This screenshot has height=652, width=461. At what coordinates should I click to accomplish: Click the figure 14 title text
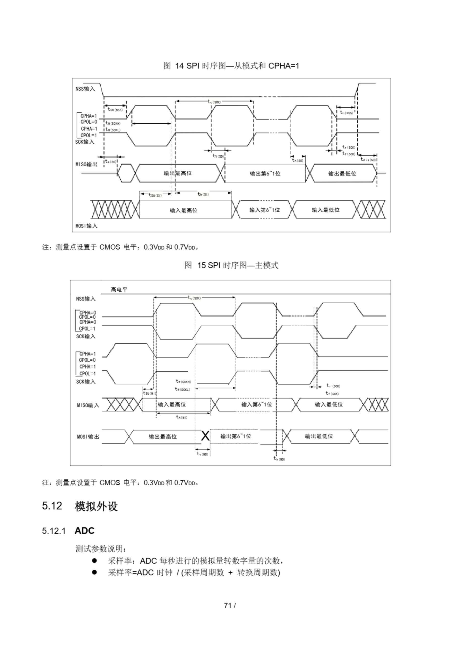tap(231, 66)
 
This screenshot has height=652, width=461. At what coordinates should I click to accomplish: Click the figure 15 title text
tap(231, 265)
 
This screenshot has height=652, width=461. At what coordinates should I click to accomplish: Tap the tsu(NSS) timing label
tap(115, 109)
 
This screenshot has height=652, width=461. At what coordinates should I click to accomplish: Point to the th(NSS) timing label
tap(346, 113)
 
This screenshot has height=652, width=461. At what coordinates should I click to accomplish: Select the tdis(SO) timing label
tap(368, 160)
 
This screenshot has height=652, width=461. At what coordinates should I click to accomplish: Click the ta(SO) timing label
tap(111, 161)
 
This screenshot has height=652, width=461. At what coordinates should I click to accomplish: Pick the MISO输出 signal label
tap(86, 165)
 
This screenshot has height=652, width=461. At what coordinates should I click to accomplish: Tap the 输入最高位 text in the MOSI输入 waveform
tap(183, 210)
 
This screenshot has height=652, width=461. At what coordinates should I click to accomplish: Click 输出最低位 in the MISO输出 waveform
tap(342, 173)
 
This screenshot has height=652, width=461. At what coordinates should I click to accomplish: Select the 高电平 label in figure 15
tap(119, 289)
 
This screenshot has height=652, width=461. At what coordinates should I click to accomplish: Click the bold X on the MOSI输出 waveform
tap(205, 436)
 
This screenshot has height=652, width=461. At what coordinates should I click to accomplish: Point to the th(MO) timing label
tap(279, 459)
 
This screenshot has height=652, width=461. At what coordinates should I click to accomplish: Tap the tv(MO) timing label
tap(202, 454)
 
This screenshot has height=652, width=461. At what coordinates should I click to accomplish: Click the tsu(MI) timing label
tap(149, 393)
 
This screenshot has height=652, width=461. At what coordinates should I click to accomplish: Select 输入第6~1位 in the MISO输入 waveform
tap(256, 404)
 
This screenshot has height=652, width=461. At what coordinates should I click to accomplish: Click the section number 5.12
tap(52, 506)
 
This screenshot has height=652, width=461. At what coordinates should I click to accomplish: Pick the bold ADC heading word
tap(84, 531)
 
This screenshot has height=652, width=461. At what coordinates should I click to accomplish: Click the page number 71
tap(227, 605)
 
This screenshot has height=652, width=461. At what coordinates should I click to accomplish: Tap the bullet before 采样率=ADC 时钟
tap(94, 572)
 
